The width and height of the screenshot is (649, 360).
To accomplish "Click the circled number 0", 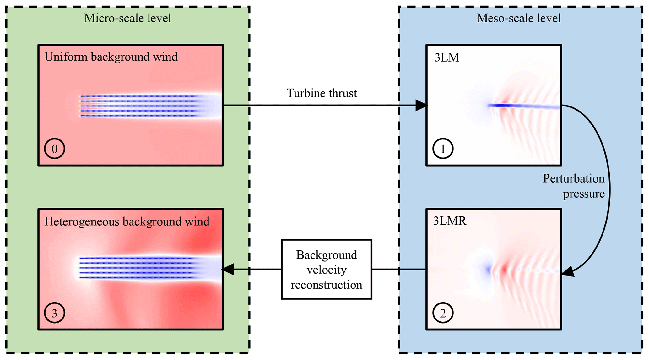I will coord(54,149).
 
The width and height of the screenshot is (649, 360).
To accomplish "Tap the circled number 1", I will coord(443,149).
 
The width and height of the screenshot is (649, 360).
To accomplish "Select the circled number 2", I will coord(443,313).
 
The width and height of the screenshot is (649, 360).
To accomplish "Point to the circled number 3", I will coord(54,313).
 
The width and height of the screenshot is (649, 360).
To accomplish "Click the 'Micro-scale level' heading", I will coord(127,18).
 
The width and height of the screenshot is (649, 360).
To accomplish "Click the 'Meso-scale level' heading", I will coord(519,18).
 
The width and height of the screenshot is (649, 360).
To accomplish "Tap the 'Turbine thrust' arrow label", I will coord(322,93).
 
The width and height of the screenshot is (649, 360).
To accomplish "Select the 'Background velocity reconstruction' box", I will coord(327,270).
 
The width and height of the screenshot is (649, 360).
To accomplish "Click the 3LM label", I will coord(446,57).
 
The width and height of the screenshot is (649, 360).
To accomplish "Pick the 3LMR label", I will coord(450,221).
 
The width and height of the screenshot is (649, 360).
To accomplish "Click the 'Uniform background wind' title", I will coord(111,57).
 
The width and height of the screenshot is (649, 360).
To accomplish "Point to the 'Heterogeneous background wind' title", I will coord(127,221).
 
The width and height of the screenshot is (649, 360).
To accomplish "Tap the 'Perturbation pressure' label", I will coord(574,186).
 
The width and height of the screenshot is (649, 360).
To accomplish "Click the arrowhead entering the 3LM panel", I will coord(421,105).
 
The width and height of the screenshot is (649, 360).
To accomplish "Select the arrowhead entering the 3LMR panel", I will coord(568,271).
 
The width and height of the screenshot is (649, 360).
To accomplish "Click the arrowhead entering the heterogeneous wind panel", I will coord(228,269).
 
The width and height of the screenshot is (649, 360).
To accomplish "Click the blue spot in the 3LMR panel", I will coord(489,270).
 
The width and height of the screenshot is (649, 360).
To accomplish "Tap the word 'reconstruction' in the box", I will coord(327,285).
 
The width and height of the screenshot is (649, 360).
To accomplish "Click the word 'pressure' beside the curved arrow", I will coord(584,194).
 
